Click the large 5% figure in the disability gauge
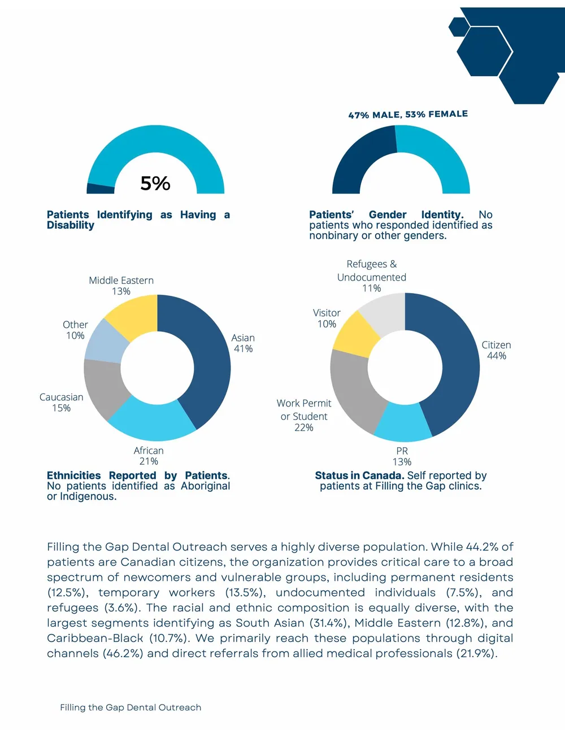coord(155,183)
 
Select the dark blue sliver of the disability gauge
coord(101,189)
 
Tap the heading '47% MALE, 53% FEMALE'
coord(408,115)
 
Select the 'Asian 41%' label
coord(243,343)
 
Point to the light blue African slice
coord(152,420)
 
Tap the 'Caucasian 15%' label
coord(61,402)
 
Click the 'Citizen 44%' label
coord(497,350)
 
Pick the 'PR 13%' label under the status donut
coord(402,456)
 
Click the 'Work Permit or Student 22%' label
coord(304,415)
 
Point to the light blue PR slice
coord(403,423)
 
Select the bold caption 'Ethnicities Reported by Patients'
coord(137,475)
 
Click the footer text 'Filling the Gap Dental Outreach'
coord(131,707)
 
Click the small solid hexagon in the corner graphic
coord(459,27)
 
